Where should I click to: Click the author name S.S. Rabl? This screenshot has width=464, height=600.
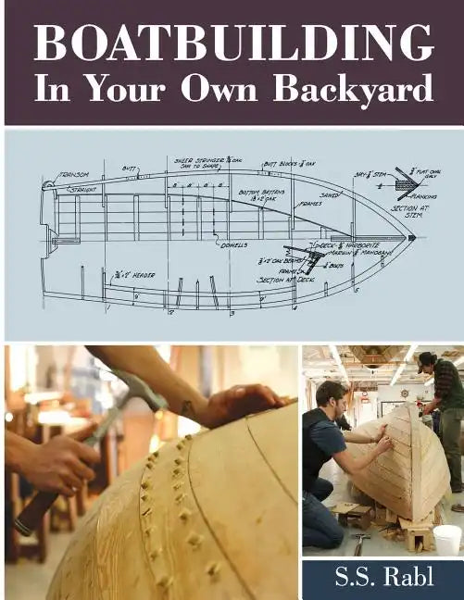click(382, 578)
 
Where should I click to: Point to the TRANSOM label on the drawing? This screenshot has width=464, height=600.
click(73, 174)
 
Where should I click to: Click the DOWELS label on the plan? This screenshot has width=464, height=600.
click(233, 244)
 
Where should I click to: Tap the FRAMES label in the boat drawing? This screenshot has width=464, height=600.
click(310, 204)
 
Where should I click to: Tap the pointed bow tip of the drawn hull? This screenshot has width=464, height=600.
click(411, 238)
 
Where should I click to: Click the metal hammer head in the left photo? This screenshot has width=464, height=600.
click(139, 389)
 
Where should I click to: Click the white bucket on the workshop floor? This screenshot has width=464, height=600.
click(446, 540)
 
